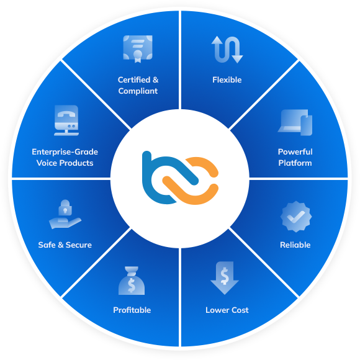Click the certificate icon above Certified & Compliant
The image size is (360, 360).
pos(138,49)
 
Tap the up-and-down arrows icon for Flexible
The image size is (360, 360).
pos(227,50)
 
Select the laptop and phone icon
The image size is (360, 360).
pos(295,122)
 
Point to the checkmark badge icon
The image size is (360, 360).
pos(296,217)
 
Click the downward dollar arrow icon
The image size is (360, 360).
pos(225,278)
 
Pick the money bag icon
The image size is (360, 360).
pos(132,281)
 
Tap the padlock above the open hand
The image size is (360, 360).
pos(65,207)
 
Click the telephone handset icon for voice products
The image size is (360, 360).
pos(66,114)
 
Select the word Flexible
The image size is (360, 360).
pos(227,80)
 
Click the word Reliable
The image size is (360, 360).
pos(295,245)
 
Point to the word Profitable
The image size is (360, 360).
pos(132,310)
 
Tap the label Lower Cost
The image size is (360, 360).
pos(227,310)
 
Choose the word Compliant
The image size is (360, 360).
pos(138,91)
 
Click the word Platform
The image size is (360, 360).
pos(295,163)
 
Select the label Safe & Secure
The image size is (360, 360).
pos(65,245)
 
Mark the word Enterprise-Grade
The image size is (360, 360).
pos(65,152)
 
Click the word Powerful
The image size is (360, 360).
pos(295,152)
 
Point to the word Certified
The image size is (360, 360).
pos(134,80)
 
